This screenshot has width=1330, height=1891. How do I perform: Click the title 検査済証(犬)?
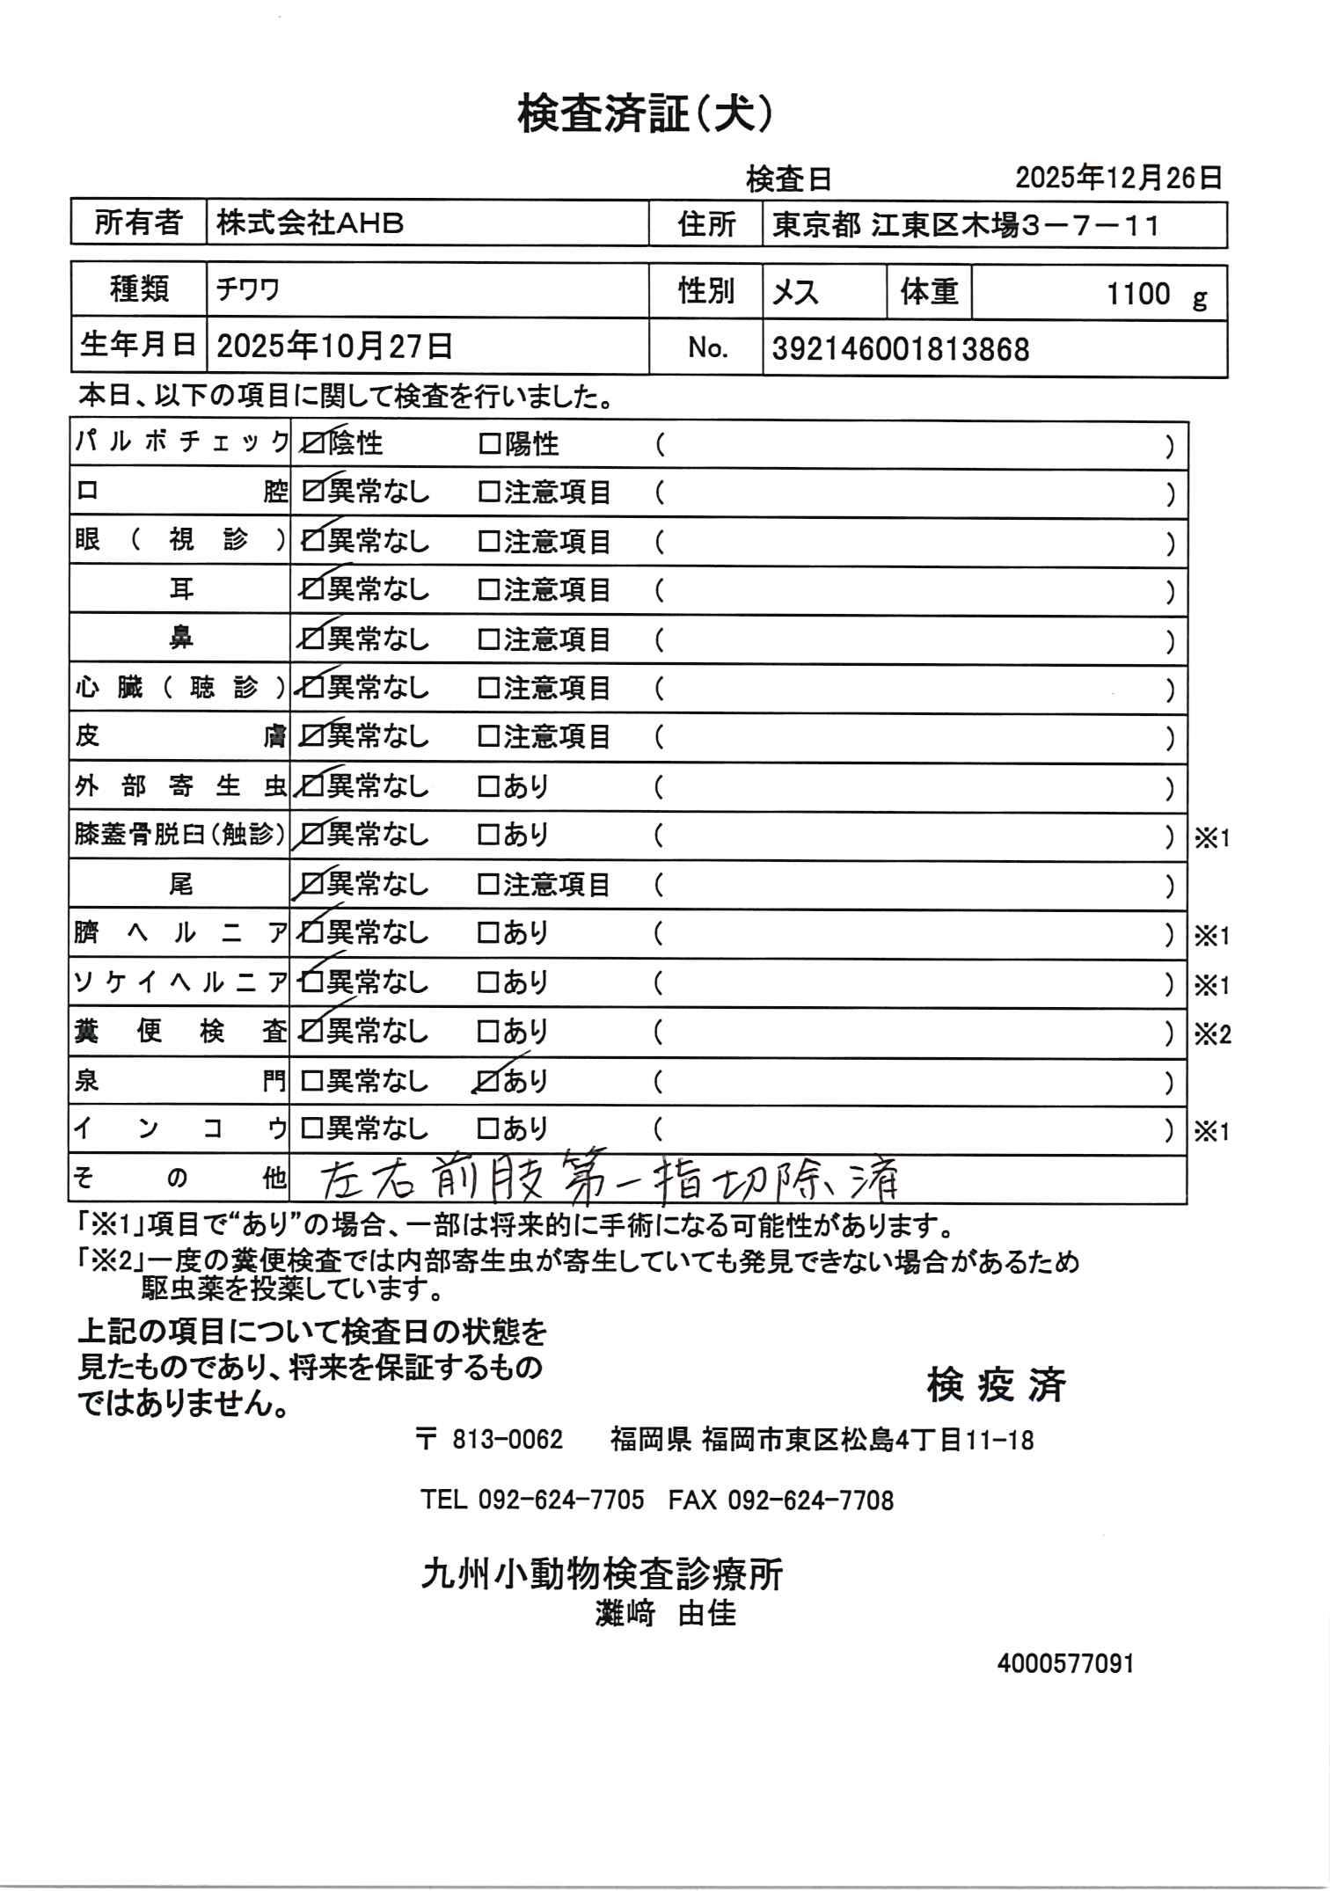(x=646, y=114)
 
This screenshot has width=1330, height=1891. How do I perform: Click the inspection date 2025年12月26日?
(x=1118, y=179)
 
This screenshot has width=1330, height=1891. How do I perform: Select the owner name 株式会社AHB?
(x=310, y=223)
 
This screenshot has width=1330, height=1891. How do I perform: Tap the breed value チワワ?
(x=248, y=289)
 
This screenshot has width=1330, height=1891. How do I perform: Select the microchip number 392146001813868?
(x=900, y=349)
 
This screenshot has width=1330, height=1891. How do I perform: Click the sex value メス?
(x=795, y=292)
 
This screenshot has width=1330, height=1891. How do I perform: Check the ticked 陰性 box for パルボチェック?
(x=312, y=444)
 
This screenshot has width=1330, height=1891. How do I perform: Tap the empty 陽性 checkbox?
(x=489, y=444)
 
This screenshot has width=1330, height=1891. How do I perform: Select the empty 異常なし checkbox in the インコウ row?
(x=312, y=1128)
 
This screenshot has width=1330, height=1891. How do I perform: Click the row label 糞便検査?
(x=179, y=1031)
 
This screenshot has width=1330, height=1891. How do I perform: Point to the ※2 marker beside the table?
(x=1211, y=1035)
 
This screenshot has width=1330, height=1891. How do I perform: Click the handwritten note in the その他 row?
(x=607, y=1180)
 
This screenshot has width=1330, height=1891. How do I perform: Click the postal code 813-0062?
(x=507, y=1440)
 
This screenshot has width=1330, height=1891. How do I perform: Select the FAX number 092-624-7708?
(x=809, y=1500)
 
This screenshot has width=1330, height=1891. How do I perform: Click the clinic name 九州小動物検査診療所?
(x=602, y=1573)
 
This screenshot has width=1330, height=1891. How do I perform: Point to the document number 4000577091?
(x=1065, y=1664)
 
